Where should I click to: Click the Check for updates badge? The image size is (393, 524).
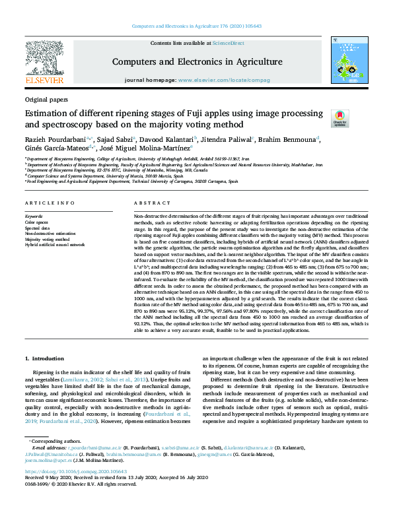339,119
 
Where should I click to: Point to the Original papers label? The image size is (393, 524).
46,99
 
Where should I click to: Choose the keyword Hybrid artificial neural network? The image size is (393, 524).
55,244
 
